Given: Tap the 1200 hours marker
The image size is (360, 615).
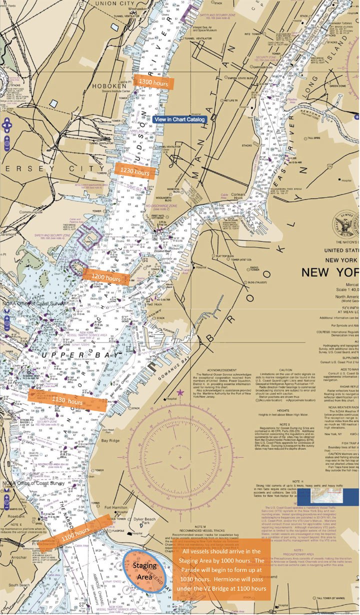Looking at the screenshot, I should [x=105, y=277].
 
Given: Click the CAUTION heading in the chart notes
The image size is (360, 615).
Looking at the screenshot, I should [x=285, y=356].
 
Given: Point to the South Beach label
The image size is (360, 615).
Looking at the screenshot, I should [x=19, y=584].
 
